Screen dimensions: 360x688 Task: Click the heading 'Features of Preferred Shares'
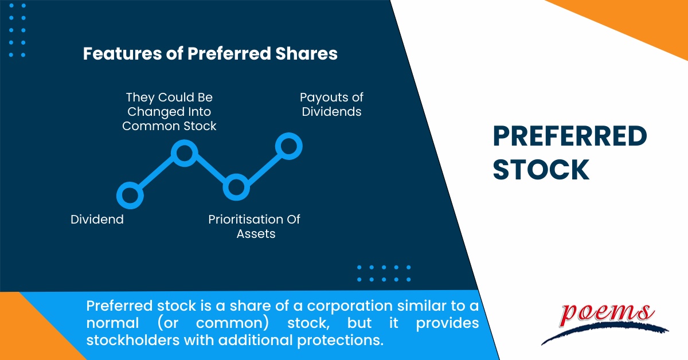click(x=210, y=54)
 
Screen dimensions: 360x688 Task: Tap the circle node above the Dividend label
click(x=129, y=195)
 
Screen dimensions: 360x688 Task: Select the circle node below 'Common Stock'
click(x=185, y=153)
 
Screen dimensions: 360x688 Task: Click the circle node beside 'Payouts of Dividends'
click(x=288, y=146)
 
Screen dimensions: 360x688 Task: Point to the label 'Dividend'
click(x=97, y=220)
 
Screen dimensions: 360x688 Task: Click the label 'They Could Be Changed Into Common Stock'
click(x=170, y=112)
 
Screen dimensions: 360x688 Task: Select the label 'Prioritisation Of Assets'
click(x=254, y=226)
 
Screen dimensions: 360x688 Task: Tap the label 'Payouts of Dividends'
click(x=331, y=104)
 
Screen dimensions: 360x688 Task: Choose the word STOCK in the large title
click(x=541, y=169)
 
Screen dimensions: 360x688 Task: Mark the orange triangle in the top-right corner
click(x=642, y=23)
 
